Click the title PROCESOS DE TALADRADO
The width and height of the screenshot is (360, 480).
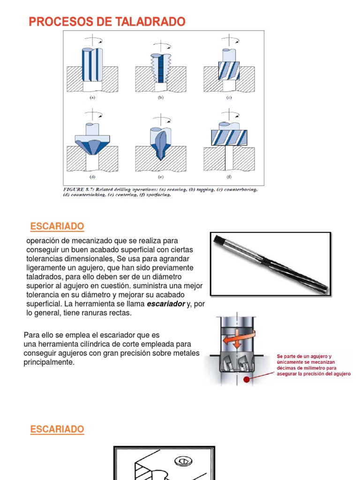[107, 22]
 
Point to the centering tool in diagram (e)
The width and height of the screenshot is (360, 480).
[160, 143]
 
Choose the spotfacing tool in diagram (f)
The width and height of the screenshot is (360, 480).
[229, 137]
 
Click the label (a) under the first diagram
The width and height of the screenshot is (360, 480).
[92, 98]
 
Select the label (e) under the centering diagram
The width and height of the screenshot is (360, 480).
[160, 177]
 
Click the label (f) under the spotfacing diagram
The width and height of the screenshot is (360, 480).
[230, 177]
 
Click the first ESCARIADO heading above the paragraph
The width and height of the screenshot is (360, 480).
[57, 227]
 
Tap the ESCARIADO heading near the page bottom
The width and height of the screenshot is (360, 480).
[57, 429]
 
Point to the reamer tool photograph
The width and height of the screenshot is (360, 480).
[271, 264]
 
